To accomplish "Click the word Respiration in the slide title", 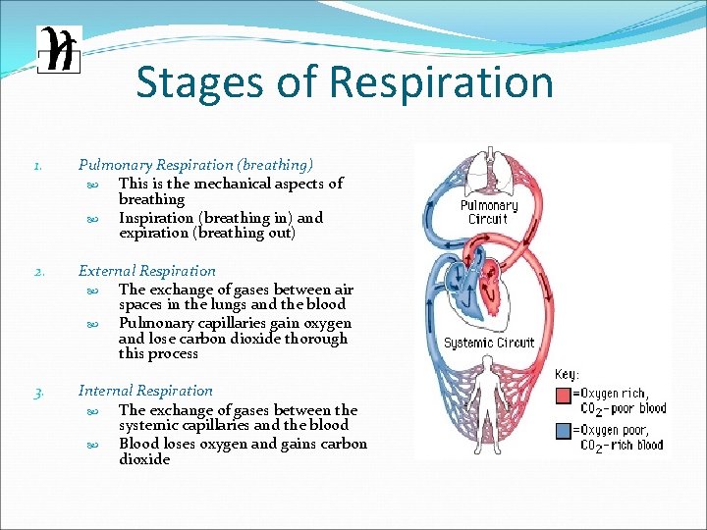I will pyautogui.click(x=441, y=82).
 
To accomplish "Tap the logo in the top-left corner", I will pyautogui.click(x=58, y=49).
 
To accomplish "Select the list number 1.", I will pyautogui.click(x=36, y=166).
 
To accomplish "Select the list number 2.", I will pyautogui.click(x=36, y=272).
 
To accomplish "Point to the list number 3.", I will pyautogui.click(x=36, y=392).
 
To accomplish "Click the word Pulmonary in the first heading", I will pyautogui.click(x=115, y=165).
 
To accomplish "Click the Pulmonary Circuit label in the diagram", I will pyautogui.click(x=488, y=212).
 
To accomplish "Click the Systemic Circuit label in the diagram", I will pyautogui.click(x=488, y=343).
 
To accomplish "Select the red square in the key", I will pyautogui.click(x=565, y=396).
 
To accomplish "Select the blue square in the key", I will pyautogui.click(x=565, y=431).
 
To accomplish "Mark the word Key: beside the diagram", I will pyautogui.click(x=569, y=374).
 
